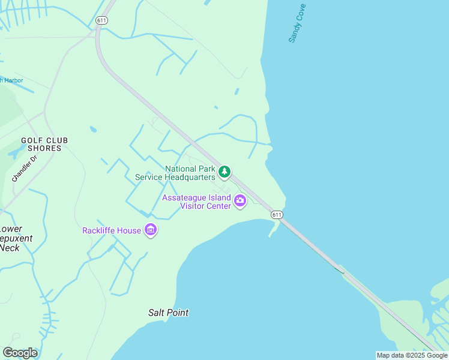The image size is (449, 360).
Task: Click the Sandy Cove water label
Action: click(x=297, y=23)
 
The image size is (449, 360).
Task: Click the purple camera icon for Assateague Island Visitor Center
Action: click(x=240, y=201)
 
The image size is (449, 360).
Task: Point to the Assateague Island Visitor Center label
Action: click(x=197, y=202)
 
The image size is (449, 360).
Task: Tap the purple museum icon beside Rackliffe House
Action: click(x=151, y=230)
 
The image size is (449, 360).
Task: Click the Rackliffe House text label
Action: click(x=112, y=230)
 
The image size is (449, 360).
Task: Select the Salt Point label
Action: click(x=169, y=313)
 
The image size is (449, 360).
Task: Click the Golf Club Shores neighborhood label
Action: click(x=44, y=144)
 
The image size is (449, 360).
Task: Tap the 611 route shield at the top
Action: click(x=101, y=20)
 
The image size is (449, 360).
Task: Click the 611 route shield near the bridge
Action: click(x=276, y=214)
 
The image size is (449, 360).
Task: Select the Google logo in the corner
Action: click(x=20, y=353)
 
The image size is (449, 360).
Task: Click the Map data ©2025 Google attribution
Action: click(x=412, y=355)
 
